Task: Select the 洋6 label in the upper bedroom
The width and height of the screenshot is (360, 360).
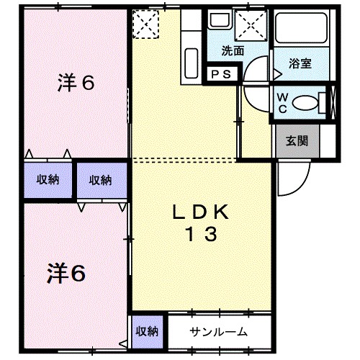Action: coord(76,83)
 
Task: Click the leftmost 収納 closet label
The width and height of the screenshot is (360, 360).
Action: coord(48,181)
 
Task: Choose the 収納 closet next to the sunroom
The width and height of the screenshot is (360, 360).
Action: coord(148,331)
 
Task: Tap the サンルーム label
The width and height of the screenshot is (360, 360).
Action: coord(219,332)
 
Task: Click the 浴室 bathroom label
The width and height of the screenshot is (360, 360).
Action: coord(300,63)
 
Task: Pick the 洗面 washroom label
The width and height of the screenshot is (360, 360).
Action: coord(232,51)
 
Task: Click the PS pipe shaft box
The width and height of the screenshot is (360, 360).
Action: coord(220,74)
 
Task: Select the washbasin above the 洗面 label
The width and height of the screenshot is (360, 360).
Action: coord(217,22)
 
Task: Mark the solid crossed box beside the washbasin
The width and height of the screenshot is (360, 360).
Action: coord(254,26)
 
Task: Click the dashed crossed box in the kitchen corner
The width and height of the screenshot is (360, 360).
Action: coord(146,26)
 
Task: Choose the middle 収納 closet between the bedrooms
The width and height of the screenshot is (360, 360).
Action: coord(100,181)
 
